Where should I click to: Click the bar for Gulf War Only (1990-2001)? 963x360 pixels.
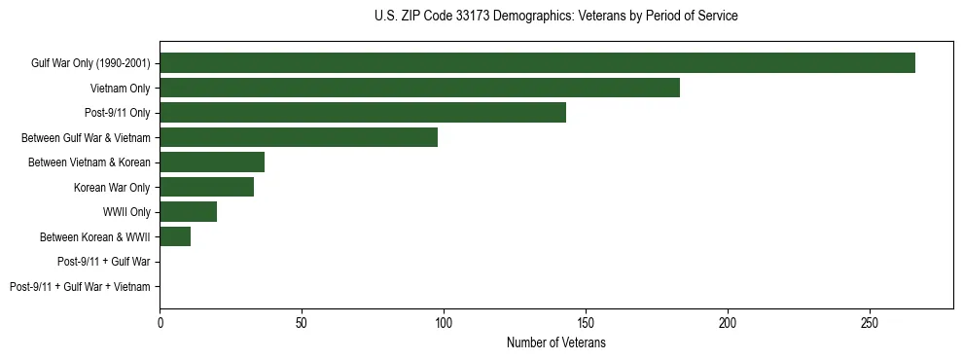(537, 63)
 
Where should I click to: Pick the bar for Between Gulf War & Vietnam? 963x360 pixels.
(299, 137)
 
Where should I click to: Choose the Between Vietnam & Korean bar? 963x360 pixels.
(212, 162)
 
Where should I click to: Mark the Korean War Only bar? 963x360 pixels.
(206, 187)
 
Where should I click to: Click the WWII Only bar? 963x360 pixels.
(188, 212)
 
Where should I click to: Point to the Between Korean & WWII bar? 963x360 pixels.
(175, 236)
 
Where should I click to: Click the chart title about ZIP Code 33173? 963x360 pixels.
(555, 17)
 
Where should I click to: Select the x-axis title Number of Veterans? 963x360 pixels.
(555, 343)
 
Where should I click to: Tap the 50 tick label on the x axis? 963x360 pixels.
(302, 322)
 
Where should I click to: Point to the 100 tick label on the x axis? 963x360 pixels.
(444, 322)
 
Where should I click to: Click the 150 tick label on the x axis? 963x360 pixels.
(586, 322)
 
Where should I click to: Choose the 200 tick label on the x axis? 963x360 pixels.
(728, 322)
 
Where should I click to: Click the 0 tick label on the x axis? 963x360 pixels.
(160, 322)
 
